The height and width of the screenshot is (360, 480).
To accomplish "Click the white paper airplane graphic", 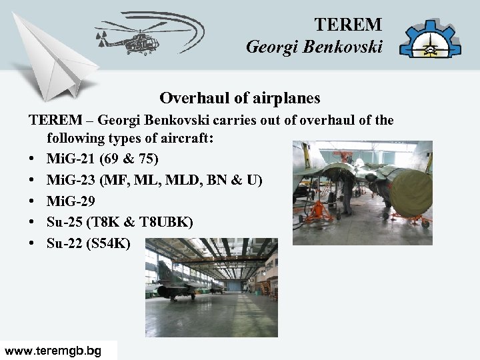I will click(57, 60).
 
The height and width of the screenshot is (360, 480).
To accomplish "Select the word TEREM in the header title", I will click(348, 25).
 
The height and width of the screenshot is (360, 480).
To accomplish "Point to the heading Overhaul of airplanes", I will click(240, 98).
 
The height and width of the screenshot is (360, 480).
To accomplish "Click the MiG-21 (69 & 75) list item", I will click(103, 159).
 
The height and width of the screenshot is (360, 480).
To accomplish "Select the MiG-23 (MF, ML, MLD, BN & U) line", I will click(154, 181).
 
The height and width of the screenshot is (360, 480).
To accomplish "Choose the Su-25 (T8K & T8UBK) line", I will click(120, 222).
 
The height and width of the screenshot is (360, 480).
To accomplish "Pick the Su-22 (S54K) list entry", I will click(89, 243).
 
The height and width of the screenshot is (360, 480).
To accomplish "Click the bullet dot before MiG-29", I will click(33, 202).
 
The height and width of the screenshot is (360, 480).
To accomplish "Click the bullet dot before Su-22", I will click(33, 243).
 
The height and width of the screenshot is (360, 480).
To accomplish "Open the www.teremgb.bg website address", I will click(53, 351).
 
